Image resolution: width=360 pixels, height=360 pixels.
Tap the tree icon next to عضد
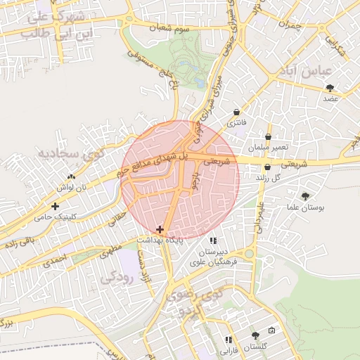click(330, 87)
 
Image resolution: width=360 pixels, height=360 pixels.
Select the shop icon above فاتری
click(236, 112)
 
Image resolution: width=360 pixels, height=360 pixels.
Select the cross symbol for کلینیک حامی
click(55, 206)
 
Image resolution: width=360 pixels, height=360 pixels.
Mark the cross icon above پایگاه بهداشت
click(160, 229)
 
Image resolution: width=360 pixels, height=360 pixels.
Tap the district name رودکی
click(117, 277)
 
